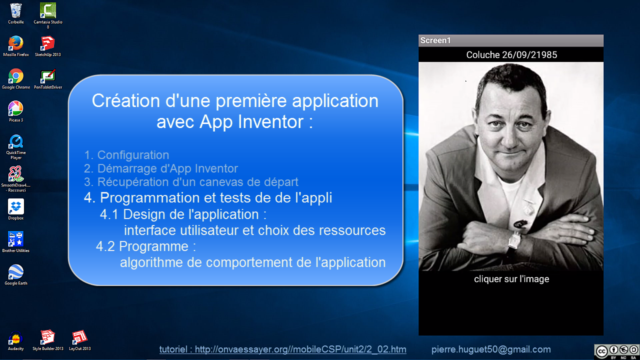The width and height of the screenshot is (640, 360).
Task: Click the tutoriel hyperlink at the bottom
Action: click(283, 349)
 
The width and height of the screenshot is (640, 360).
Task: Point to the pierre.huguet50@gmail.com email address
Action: click(491, 349)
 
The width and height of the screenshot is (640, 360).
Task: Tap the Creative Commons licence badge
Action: click(617, 351)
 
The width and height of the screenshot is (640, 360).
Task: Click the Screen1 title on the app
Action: click(435, 40)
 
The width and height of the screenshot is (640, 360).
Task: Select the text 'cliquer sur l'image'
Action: click(511, 279)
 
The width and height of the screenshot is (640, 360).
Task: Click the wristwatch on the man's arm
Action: click(514, 240)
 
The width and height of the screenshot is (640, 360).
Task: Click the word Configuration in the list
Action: click(133, 155)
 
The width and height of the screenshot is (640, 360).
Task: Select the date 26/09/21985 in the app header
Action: click(529, 55)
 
